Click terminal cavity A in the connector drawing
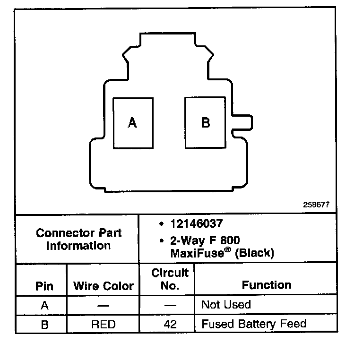pyautogui.click(x=133, y=123)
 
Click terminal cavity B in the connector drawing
pyautogui.click(x=206, y=122)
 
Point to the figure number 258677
pyautogui.click(x=316, y=205)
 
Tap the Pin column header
pyautogui.click(x=44, y=286)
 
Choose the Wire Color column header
pyautogui.click(x=104, y=286)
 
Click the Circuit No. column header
pyautogui.click(x=169, y=279)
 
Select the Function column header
pyautogui.click(x=267, y=285)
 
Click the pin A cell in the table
pyautogui.click(x=44, y=305)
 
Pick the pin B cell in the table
pyautogui.click(x=44, y=325)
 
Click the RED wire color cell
pyautogui.click(x=103, y=325)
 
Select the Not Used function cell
pyautogui.click(x=226, y=305)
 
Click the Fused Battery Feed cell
pyautogui.click(x=254, y=324)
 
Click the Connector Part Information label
pyautogui.click(x=78, y=239)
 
